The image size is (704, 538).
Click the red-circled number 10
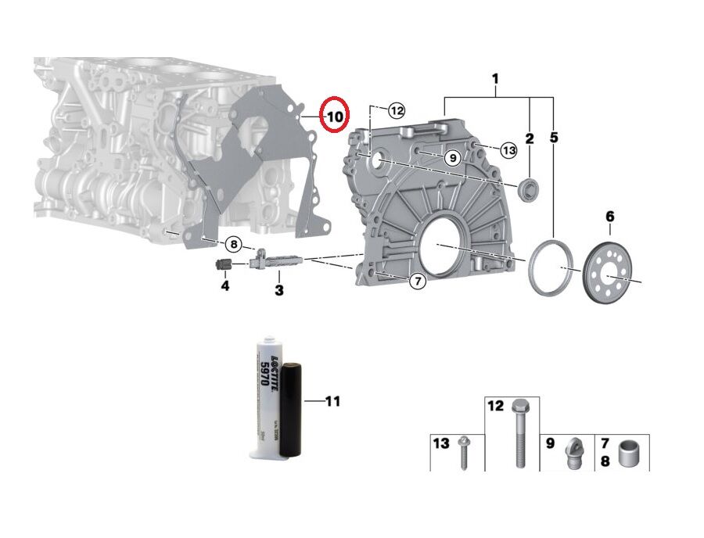pyautogui.click(x=334, y=117)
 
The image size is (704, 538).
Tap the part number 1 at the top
pyautogui.click(x=495, y=79)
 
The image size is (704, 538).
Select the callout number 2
pyautogui.click(x=530, y=138)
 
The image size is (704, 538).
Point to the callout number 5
pyautogui.click(x=554, y=138)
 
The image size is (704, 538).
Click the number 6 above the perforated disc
pyautogui.click(x=610, y=216)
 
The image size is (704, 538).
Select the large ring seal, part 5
pyautogui.click(x=552, y=268)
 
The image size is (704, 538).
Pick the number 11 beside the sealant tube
pyautogui.click(x=332, y=402)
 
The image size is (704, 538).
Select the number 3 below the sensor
pyautogui.click(x=278, y=291)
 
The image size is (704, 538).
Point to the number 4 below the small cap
pyautogui.click(x=224, y=286)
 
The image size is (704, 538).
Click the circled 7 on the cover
pyautogui.click(x=418, y=281)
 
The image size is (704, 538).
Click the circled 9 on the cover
pyautogui.click(x=451, y=158)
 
